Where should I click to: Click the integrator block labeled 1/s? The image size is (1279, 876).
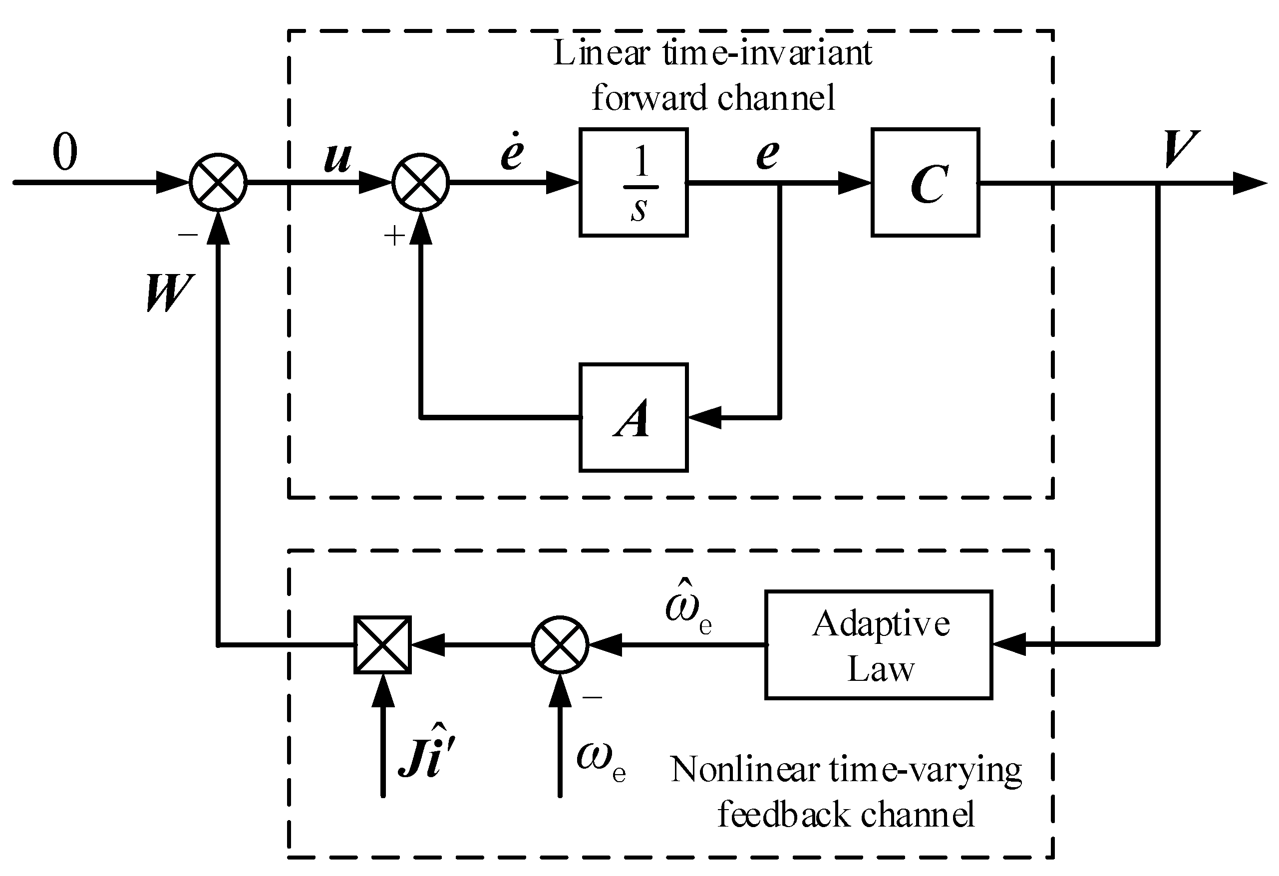coord(633,183)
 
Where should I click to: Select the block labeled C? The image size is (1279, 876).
coord(925,183)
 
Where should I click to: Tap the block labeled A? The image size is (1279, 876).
coord(633,418)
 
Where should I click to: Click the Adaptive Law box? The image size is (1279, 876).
coord(878,645)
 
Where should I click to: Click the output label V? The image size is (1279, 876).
coord(1180,150)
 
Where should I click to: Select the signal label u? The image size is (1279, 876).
coord(337,157)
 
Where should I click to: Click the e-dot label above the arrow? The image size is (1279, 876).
coord(512,152)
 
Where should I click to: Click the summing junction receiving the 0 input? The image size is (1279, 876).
coord(218,182)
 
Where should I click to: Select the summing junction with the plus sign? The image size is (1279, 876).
coord(420,182)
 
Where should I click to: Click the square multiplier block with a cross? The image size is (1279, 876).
coord(382,645)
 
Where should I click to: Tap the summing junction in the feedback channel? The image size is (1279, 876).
coord(560,645)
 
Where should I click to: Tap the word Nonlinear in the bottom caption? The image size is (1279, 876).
coord(745,770)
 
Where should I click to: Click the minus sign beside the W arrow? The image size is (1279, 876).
coord(188,235)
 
